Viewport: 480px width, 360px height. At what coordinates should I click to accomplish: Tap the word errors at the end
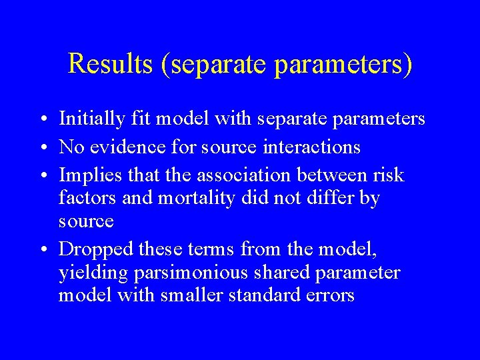click(329, 295)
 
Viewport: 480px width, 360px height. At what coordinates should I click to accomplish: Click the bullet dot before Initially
click(42, 120)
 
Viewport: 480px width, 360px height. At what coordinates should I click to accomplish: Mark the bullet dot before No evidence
click(42, 147)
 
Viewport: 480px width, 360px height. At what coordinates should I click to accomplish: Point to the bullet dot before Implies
click(42, 175)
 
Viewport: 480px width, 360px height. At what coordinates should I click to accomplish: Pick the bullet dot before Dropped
click(42, 250)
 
